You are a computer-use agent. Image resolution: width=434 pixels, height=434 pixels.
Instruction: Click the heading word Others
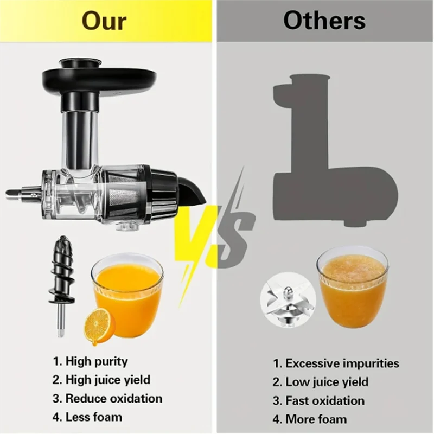[x=324, y=21]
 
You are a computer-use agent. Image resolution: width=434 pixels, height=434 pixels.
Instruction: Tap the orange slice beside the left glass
[x=98, y=325]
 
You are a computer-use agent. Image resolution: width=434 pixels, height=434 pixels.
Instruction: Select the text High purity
[x=90, y=361]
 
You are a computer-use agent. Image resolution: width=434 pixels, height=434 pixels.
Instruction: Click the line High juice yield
[x=101, y=380]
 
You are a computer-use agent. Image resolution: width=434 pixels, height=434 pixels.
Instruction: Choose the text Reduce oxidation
[x=107, y=398]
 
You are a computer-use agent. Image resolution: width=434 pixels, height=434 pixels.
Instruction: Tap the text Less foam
[x=87, y=417]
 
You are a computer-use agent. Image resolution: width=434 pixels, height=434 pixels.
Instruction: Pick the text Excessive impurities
[x=336, y=363]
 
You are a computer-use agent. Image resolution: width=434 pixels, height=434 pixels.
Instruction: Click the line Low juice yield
[x=321, y=382]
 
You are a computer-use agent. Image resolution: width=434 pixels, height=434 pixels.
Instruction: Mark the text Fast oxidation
[x=318, y=401]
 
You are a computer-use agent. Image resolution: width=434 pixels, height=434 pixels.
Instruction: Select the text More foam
[x=310, y=419]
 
